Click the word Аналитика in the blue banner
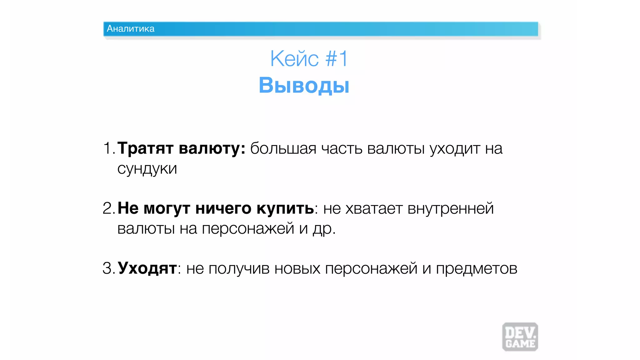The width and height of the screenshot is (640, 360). click(130, 29)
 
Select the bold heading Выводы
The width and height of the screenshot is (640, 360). click(304, 85)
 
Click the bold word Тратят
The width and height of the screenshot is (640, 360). click(145, 148)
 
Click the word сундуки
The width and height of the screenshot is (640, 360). click(147, 169)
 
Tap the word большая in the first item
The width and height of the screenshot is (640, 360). click(283, 148)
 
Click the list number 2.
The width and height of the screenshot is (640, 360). click(108, 208)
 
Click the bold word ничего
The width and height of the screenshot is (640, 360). click(223, 208)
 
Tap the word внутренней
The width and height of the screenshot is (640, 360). click(451, 208)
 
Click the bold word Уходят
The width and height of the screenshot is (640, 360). click(147, 268)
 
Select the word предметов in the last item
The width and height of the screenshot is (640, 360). click(477, 268)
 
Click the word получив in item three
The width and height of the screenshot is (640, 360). click(239, 268)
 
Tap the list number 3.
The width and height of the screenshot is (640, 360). click(108, 268)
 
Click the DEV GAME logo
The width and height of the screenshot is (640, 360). click(520, 337)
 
